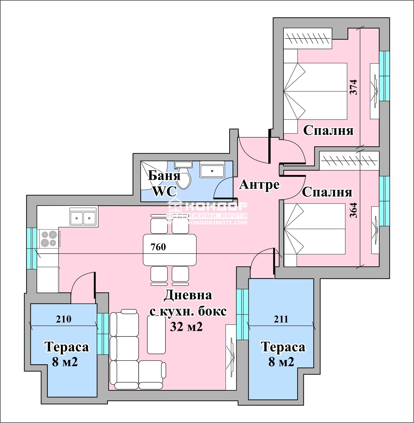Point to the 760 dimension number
pyautogui.click(x=158, y=247)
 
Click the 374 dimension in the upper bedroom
pyautogui.click(x=353, y=87)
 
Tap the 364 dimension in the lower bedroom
pyautogui.click(x=353, y=210)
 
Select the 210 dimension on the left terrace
pyautogui.click(x=64, y=319)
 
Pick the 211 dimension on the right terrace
pyautogui.click(x=281, y=319)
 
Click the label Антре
pyautogui.click(x=259, y=185)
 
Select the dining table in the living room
pyautogui.click(x=170, y=250)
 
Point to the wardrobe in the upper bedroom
pyautogui.click(x=308, y=38)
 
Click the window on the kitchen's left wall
pyautogui.click(x=32, y=248)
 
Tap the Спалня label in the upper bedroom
pyautogui.click(x=328, y=130)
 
